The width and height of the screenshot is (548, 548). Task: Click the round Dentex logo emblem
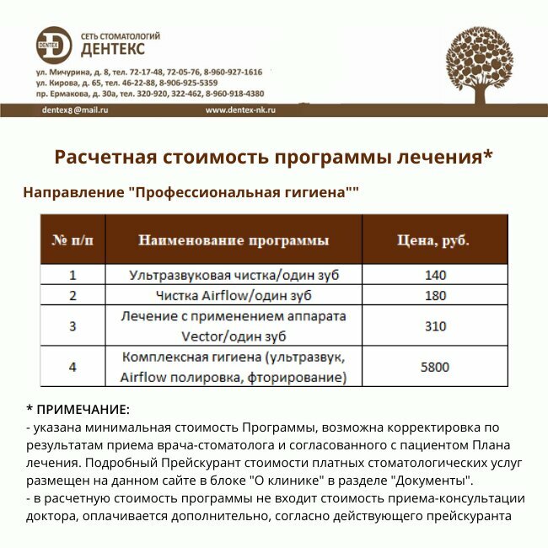pos(54,46)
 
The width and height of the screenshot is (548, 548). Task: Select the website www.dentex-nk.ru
pos(241,110)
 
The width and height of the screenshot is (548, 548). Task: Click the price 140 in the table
pos(435,275)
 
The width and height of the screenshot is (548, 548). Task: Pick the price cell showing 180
pos(435,296)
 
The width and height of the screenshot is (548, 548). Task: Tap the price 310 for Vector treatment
pos(435,326)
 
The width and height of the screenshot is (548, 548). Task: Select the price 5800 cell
pos(435,367)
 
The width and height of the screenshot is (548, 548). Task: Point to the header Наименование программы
pos(234,240)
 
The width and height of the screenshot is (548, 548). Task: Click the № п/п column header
pos(73,240)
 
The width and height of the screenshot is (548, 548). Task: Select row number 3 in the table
pos(73,326)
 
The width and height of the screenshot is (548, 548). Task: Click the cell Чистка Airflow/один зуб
pos(234,296)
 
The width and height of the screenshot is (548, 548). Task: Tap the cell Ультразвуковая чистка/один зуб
pos(234,275)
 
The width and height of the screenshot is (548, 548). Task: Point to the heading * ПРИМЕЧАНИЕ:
pos(78,410)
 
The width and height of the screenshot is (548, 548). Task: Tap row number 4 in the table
pos(73,367)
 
